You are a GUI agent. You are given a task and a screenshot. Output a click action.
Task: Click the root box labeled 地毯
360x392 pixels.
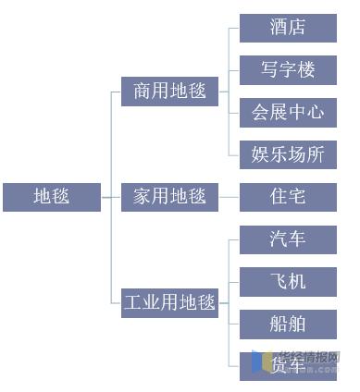(51, 197)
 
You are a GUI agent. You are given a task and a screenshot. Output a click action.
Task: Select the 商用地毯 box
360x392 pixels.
(169, 92)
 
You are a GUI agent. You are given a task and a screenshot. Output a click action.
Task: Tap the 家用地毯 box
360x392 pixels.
(169, 197)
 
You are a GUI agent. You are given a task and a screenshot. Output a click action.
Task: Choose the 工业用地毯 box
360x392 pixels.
(169, 302)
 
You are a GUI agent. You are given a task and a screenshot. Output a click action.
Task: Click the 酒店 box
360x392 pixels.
(288, 28)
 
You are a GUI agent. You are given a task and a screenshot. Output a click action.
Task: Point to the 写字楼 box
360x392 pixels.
(288, 70)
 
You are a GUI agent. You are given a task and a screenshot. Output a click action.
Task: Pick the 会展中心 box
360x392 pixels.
(288, 113)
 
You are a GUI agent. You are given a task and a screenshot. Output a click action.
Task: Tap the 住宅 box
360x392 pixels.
(288, 197)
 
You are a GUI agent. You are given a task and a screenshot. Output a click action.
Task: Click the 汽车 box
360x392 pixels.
(288, 239)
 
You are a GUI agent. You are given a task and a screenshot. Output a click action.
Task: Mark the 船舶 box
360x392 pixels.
(288, 325)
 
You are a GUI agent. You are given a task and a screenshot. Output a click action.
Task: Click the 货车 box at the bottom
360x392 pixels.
(288, 366)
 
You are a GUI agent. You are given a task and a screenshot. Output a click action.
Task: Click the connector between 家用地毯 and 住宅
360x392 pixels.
(229, 197)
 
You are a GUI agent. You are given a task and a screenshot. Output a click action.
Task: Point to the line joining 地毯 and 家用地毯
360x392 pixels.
(111, 197)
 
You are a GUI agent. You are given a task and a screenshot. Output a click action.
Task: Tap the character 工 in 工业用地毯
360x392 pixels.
(133, 302)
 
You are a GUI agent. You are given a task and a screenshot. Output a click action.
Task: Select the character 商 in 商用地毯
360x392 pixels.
(142, 92)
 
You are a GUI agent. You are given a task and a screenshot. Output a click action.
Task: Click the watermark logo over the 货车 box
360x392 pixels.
(268, 361)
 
